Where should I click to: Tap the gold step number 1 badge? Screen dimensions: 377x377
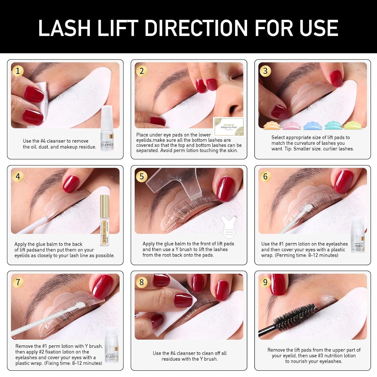(18, 71)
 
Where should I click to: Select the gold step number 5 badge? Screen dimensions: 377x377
(141, 177)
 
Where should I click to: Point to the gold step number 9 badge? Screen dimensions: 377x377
(265, 282)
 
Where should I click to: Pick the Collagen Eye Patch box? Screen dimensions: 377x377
(229, 127)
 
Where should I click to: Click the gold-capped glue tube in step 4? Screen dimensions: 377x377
(104, 220)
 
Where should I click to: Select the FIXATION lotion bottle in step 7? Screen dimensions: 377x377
(111, 346)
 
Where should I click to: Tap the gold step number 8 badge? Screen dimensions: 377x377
(141, 282)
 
